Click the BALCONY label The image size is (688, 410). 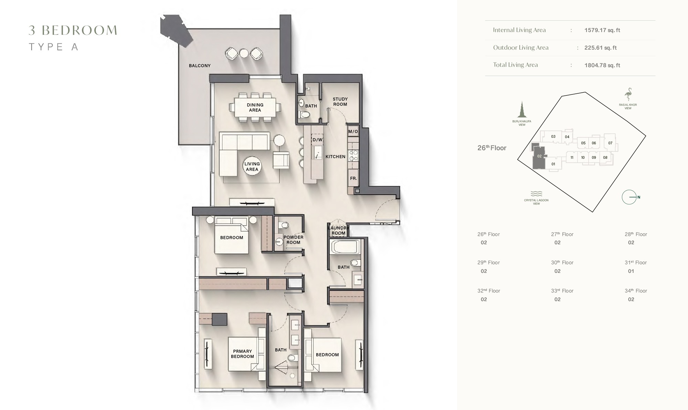point(200,65)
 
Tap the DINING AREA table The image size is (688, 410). point(255,107)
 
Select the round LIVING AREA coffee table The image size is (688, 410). point(252,166)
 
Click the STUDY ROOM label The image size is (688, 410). point(340,102)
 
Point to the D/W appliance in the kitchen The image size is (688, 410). point(317,140)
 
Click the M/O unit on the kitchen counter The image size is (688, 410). point(353,131)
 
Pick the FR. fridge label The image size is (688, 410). point(353,178)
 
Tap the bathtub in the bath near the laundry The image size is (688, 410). point(345,247)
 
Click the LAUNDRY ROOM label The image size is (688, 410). point(338,230)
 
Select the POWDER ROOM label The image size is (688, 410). point(293,240)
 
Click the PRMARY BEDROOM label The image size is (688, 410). point(242,354)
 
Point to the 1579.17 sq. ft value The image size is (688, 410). point(602,30)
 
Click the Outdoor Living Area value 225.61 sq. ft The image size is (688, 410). point(600,48)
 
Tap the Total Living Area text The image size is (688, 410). point(515,65)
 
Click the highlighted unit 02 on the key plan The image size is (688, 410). point(539,157)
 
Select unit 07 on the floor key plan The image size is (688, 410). point(610,143)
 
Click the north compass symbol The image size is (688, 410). point(629,197)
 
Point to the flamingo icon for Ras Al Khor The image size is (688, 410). point(628,94)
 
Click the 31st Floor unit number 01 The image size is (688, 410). point(631,271)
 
